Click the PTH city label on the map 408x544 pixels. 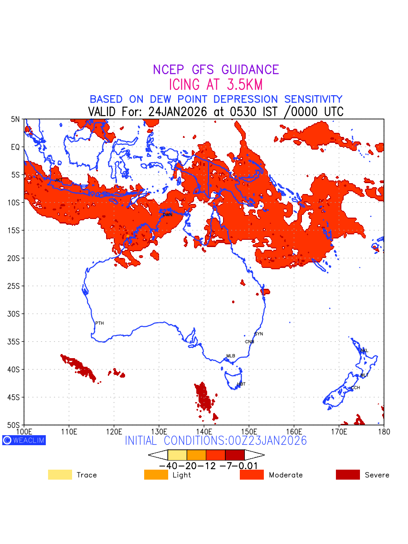(x=99, y=323)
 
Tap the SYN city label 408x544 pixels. (x=259, y=334)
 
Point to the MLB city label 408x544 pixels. (x=231, y=356)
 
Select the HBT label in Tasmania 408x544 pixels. (x=241, y=384)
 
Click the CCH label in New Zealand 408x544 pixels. (x=355, y=388)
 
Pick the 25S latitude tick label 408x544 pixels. (x=15, y=286)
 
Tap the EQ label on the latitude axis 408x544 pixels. (x=16, y=147)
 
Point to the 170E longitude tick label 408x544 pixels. (x=339, y=432)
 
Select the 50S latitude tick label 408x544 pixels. (x=15, y=425)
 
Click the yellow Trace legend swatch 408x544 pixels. (x=60, y=475)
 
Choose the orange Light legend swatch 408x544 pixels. (x=156, y=475)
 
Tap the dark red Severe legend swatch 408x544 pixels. (x=348, y=475)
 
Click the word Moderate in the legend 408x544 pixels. (x=286, y=475)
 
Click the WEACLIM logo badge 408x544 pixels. (x=24, y=440)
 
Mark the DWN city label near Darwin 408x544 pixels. (x=167, y=214)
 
